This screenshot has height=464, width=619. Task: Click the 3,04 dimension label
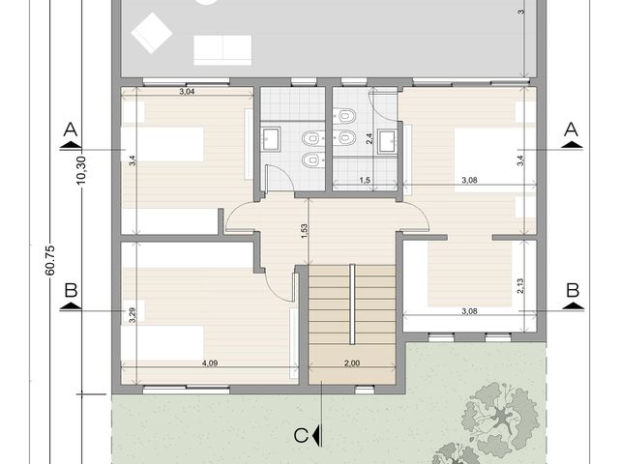click(x=187, y=92)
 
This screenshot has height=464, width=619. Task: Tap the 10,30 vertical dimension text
click(x=81, y=170)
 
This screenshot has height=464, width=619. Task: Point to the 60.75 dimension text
click(x=50, y=260)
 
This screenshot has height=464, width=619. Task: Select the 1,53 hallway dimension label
click(x=304, y=231)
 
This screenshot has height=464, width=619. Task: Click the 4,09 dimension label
click(x=210, y=363)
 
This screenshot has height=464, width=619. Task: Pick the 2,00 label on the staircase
click(x=352, y=363)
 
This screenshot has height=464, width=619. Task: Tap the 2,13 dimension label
click(x=520, y=286)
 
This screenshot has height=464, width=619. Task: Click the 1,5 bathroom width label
click(x=365, y=181)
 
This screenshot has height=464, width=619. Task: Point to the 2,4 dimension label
click(x=369, y=139)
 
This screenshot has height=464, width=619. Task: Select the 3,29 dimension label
click(x=133, y=315)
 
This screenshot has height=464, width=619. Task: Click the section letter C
click(x=301, y=436)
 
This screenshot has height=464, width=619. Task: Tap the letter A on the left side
click(x=71, y=129)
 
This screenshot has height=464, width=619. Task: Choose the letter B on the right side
click(x=573, y=290)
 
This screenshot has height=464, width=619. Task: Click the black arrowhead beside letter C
click(x=315, y=436)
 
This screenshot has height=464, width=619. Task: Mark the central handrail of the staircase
click(x=352, y=304)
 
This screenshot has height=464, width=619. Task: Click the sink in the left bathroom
click(x=271, y=138)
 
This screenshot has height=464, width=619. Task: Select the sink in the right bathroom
click(x=387, y=141)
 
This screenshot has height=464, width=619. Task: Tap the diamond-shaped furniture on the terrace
click(x=152, y=33)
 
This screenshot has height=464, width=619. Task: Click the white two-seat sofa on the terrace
click(x=222, y=50)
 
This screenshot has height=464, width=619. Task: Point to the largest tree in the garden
click(x=501, y=417)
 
